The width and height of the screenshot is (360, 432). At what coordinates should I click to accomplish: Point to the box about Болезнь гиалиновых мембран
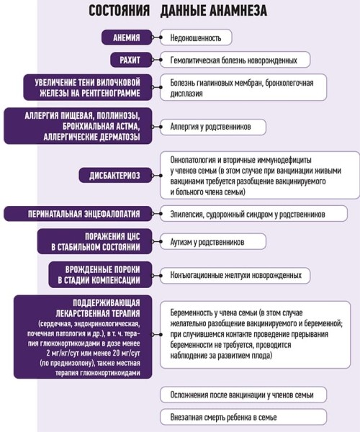252,87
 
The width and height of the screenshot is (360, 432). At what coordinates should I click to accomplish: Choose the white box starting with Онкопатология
260,175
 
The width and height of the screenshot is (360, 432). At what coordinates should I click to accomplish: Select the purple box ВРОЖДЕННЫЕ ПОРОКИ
102,275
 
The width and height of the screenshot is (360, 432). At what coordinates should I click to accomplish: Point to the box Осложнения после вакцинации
243,395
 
